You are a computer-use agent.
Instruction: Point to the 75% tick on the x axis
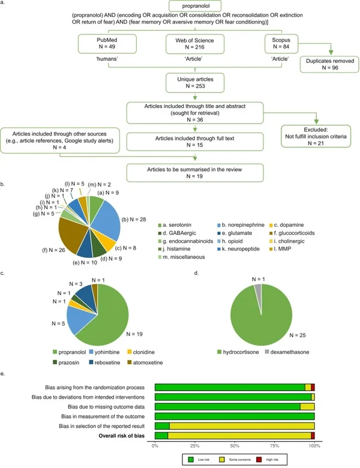275,447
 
